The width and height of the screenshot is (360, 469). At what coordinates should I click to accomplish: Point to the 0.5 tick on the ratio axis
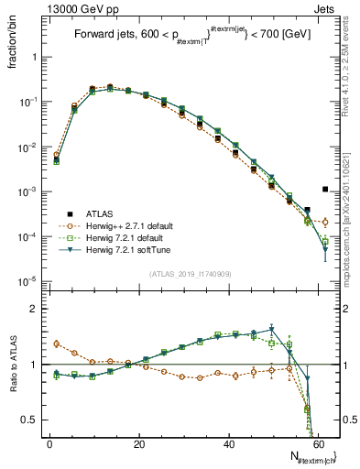(33, 420)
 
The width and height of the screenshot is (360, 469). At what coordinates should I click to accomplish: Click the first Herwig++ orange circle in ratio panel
(56, 344)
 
